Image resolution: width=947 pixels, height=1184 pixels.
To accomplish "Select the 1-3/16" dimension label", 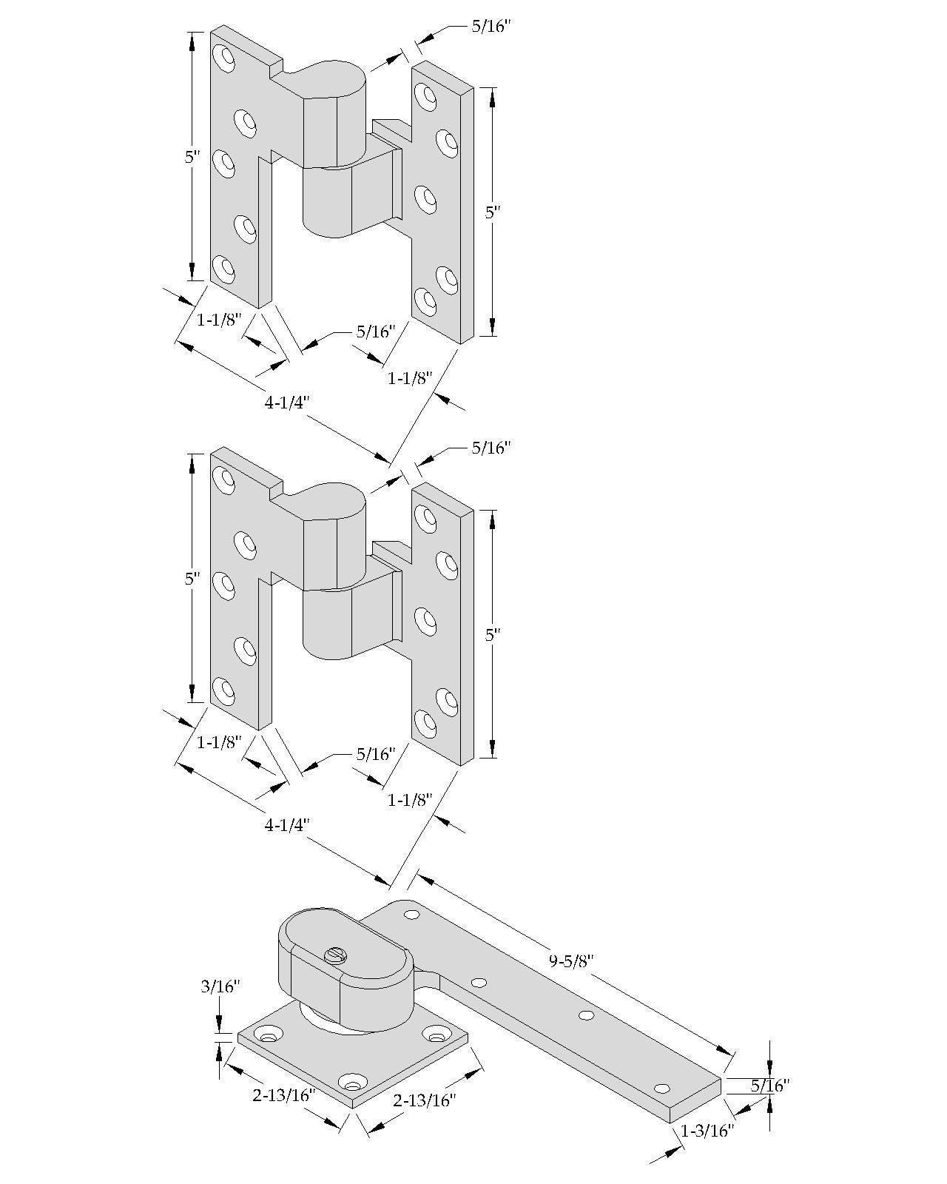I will point(707,1131).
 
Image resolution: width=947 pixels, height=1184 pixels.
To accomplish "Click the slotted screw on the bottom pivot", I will point(335,955).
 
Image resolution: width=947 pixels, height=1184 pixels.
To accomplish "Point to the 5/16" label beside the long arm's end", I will point(769,1086).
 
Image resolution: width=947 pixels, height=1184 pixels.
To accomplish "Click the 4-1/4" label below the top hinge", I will point(286,403).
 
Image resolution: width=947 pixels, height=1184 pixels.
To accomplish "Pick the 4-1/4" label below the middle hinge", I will point(286,825).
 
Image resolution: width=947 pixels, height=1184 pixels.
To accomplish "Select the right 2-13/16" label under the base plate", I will point(424,1100).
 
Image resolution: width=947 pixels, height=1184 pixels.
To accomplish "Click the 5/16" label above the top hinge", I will point(491,27).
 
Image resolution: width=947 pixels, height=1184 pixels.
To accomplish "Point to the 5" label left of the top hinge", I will point(192,157).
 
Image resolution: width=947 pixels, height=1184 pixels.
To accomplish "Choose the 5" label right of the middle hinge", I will point(492,634).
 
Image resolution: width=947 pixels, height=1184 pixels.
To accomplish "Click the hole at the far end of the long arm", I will point(661,1089).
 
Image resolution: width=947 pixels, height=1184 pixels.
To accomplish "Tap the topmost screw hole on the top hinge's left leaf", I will point(223,56).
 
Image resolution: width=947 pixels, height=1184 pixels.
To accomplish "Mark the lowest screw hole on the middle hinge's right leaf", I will point(425,721).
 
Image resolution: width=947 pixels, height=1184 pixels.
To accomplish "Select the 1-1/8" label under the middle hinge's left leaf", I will point(219,742).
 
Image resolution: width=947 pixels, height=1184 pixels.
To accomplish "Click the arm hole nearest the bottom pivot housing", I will point(412,915).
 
